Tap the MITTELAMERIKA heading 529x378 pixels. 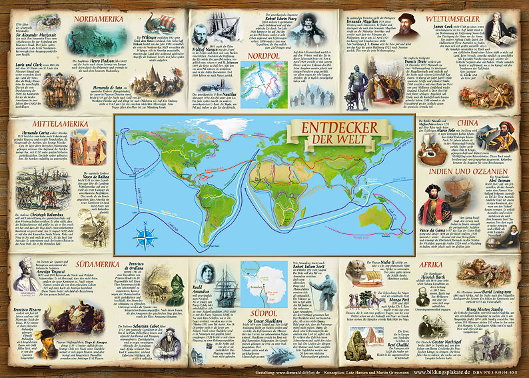43,104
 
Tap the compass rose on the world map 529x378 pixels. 145,236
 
